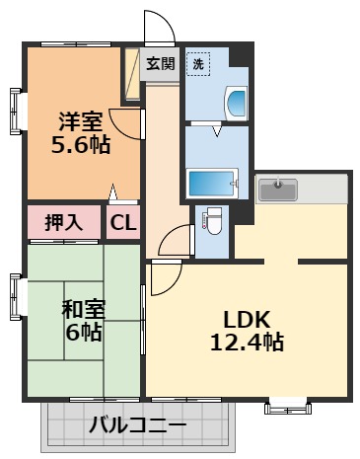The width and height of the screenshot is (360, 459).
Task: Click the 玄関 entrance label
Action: coord(162,64)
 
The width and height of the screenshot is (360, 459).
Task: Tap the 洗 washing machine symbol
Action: coord(197,64)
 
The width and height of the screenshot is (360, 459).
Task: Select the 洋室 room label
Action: coord(80,122)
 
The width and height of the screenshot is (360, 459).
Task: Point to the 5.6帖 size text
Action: coord(80,144)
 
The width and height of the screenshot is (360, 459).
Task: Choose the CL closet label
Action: coord(123,222)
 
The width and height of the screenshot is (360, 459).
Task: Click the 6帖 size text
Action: coord(83,333)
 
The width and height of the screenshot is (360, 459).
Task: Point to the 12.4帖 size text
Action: coord(247,344)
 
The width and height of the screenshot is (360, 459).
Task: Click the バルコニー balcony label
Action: coord(137,426)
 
